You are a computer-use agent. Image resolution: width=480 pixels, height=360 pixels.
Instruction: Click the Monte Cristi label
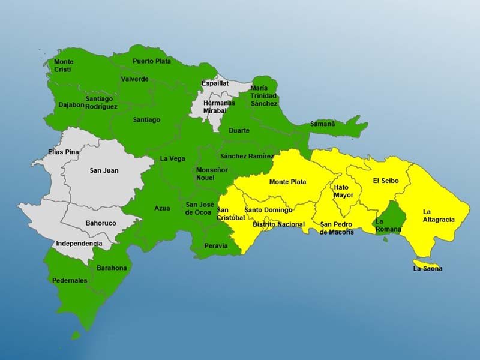pos(64,65)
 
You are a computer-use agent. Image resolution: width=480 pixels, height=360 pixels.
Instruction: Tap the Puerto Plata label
pos(152,61)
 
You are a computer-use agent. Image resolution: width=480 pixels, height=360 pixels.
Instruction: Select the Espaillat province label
pos(215,83)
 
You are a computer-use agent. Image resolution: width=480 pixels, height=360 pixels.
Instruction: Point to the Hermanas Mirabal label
pos(219,107)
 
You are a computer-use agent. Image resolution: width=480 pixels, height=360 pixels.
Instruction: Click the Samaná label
pos(322,124)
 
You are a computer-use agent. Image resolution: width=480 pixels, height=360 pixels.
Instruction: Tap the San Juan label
pos(104,170)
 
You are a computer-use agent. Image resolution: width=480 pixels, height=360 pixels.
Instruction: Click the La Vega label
pos(172,159)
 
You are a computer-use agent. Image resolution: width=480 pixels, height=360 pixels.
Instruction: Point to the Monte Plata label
pos(287,182)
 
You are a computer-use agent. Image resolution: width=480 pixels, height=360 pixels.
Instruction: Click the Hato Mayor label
pos(344,191)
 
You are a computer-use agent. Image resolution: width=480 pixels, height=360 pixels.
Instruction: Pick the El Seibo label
pos(385,180)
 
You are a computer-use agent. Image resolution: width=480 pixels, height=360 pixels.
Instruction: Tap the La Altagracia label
pos(439,215)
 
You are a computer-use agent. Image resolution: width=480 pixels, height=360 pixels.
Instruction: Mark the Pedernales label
pos(69,280)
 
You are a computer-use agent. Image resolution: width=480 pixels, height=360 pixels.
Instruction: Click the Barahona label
pos(111,268)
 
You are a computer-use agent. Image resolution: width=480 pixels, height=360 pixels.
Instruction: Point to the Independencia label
pos(79,244)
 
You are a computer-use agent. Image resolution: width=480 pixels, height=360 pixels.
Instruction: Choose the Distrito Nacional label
pos(278,224)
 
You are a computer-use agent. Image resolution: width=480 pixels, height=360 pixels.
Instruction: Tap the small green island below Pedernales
pos(76,335)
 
